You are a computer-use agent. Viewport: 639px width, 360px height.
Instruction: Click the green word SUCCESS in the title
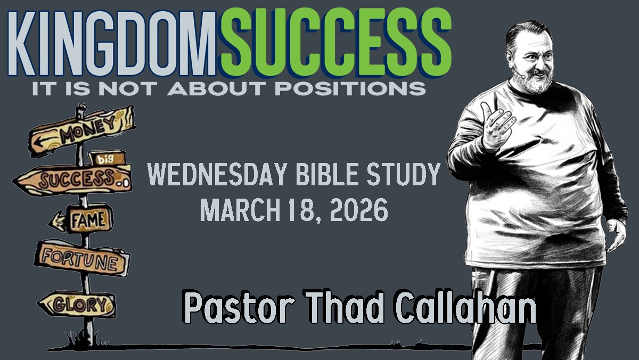click(x=335, y=43)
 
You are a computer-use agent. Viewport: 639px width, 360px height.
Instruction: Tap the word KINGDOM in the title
click(x=112, y=43)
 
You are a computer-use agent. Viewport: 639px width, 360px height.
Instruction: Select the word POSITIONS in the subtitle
click(x=350, y=88)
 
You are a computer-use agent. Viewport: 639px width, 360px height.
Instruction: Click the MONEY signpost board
click(x=82, y=130)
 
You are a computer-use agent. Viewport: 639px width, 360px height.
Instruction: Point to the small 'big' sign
click(x=107, y=158)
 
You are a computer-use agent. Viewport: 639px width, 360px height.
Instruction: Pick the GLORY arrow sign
click(x=77, y=304)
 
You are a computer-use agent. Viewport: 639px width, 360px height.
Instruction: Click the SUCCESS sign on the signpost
click(x=73, y=179)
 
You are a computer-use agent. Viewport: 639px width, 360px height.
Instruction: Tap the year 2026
click(x=359, y=210)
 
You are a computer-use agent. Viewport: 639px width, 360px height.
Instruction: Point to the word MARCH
click(x=240, y=210)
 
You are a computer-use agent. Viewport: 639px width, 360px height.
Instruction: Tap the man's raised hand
click(x=498, y=126)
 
